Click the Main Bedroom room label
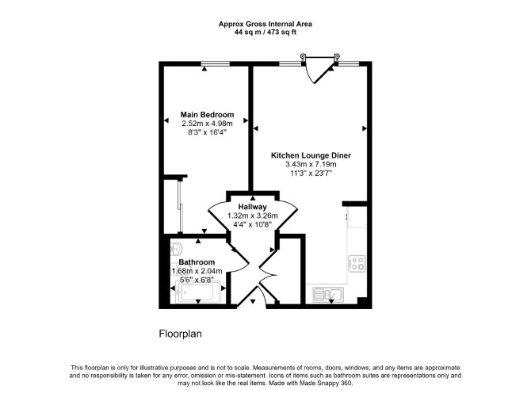(x=207, y=114)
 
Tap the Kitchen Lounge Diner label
(x=311, y=155)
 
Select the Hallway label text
(x=252, y=207)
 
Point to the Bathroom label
(x=197, y=262)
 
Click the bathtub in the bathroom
(x=198, y=292)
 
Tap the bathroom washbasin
(x=176, y=250)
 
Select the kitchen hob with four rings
(x=357, y=263)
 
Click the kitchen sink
(x=328, y=294)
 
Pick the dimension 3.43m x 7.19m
(x=311, y=165)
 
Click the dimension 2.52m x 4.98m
(x=208, y=124)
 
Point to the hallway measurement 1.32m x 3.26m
(x=252, y=216)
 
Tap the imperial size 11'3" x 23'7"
(x=311, y=174)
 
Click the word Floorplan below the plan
(x=180, y=334)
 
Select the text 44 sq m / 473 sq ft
(x=265, y=32)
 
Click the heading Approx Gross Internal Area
(x=265, y=24)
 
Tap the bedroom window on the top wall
(x=215, y=63)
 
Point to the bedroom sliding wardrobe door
(x=179, y=205)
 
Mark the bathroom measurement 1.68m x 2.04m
(x=197, y=271)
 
